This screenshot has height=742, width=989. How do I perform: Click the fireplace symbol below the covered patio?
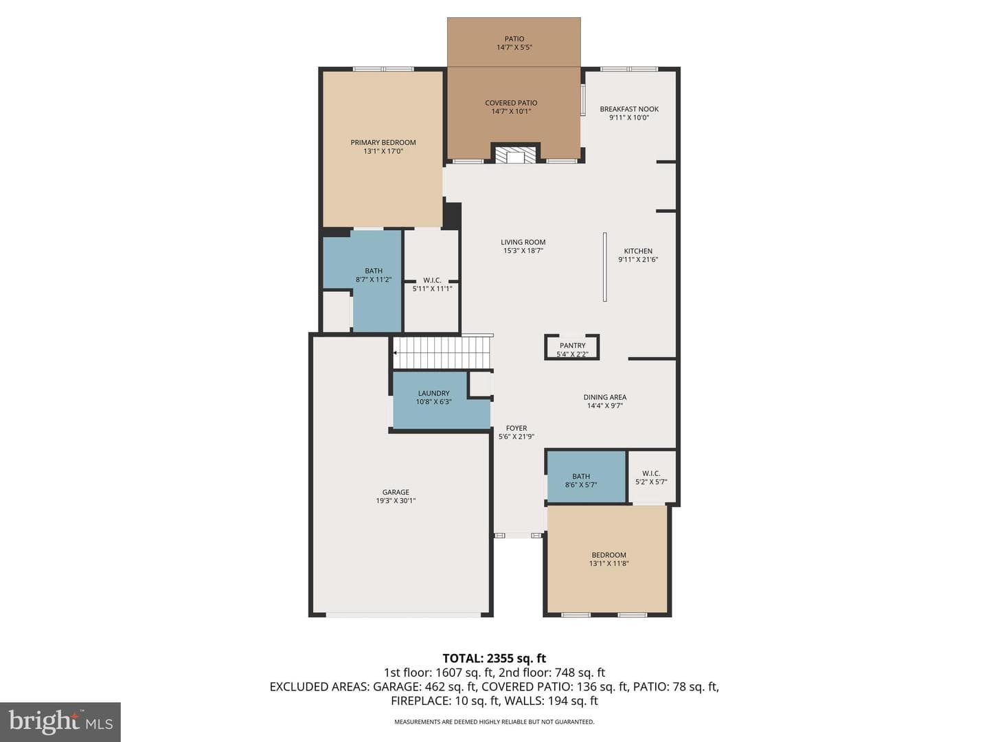pos(515,154)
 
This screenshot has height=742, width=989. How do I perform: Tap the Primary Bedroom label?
pos(383,142)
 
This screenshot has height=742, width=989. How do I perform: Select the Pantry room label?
pos(572,346)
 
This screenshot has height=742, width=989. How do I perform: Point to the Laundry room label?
pos(433,393)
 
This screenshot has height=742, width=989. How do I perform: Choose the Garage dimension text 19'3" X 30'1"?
pos(396,501)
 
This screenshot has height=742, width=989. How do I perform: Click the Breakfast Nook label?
pos(629,109)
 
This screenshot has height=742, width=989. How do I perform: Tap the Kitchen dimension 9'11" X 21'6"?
pos(638,260)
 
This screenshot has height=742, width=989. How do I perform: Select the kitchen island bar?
pos(604,267)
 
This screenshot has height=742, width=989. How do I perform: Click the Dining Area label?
pos(604,397)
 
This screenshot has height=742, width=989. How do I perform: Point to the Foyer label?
pos(516,428)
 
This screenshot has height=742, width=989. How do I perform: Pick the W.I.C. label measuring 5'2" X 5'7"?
pos(651,473)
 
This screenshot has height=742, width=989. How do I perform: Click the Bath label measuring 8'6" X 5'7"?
pos(581,476)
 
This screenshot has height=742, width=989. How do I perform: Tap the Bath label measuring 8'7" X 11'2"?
pos(374,271)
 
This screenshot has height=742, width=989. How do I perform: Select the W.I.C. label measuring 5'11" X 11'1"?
pos(432,280)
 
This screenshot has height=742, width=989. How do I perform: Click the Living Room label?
pos(523,242)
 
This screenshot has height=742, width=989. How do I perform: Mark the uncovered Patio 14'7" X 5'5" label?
pos(514,38)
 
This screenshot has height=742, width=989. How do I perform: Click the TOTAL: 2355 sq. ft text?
pos(494,659)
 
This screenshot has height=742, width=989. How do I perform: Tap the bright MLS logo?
pos(60,722)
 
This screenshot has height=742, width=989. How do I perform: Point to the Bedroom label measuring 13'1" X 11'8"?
pos(609,555)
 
